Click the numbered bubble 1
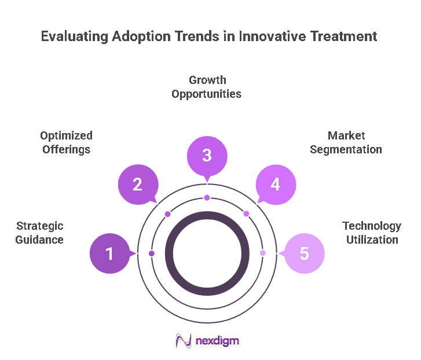coord(110,254)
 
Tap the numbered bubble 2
coord(138,185)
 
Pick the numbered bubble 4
coord(276,185)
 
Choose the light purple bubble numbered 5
coord(304,254)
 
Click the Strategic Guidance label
coord(40,233)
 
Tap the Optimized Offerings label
coord(66,142)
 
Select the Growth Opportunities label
coord(206,87)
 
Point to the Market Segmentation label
coord(346,142)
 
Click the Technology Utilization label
coord(372,233)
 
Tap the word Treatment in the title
coord(343,36)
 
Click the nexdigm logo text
coord(217,340)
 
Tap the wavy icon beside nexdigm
coord(184,340)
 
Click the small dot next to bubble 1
coord(152,254)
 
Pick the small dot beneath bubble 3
coord(207,198)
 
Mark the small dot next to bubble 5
coord(262,254)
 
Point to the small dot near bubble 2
coord(168,214)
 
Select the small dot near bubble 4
coord(246,214)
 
